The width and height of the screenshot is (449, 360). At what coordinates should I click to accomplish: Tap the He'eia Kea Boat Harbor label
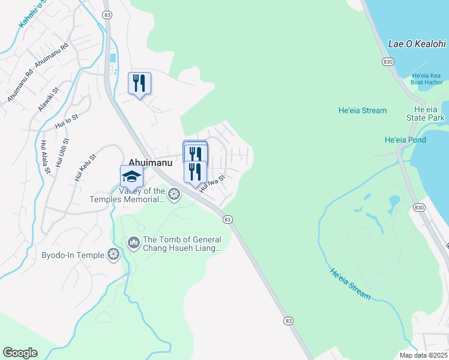click(427, 79)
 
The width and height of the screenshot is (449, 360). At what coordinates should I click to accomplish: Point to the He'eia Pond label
click(405, 140)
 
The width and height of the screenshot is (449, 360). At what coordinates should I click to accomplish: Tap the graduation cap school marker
click(131, 176)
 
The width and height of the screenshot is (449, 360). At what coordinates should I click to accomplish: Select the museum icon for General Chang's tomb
click(133, 243)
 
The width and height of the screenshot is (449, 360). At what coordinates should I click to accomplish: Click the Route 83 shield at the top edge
click(107, 15)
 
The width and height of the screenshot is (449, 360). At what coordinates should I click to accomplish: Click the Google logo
click(20, 353)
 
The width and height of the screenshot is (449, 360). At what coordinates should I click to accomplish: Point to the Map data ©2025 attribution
click(423, 355)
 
